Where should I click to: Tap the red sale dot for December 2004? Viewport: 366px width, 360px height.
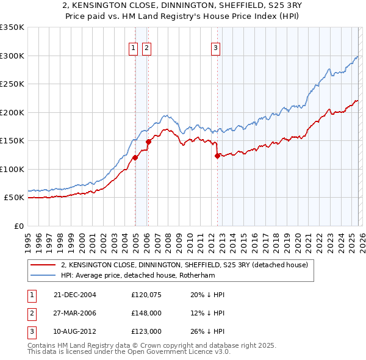pyautogui.click(x=135, y=157)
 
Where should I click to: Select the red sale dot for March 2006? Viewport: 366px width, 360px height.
pyautogui.click(x=148, y=142)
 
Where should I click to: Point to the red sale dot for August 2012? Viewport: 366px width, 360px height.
pyautogui.click(x=217, y=156)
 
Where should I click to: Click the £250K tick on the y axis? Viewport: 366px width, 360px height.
pyautogui.click(x=12, y=84)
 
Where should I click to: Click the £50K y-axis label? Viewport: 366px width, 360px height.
pyautogui.click(x=14, y=198)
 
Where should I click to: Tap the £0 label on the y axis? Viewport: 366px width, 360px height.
pyautogui.click(x=18, y=226)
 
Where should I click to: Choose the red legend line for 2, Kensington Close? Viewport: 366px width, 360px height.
pyautogui.click(x=43, y=265)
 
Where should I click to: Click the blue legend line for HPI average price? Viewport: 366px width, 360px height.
pyautogui.click(x=43, y=275)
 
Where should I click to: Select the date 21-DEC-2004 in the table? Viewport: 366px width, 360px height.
pyautogui.click(x=76, y=295)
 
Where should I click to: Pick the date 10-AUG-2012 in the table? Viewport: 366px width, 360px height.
pyautogui.click(x=76, y=331)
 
